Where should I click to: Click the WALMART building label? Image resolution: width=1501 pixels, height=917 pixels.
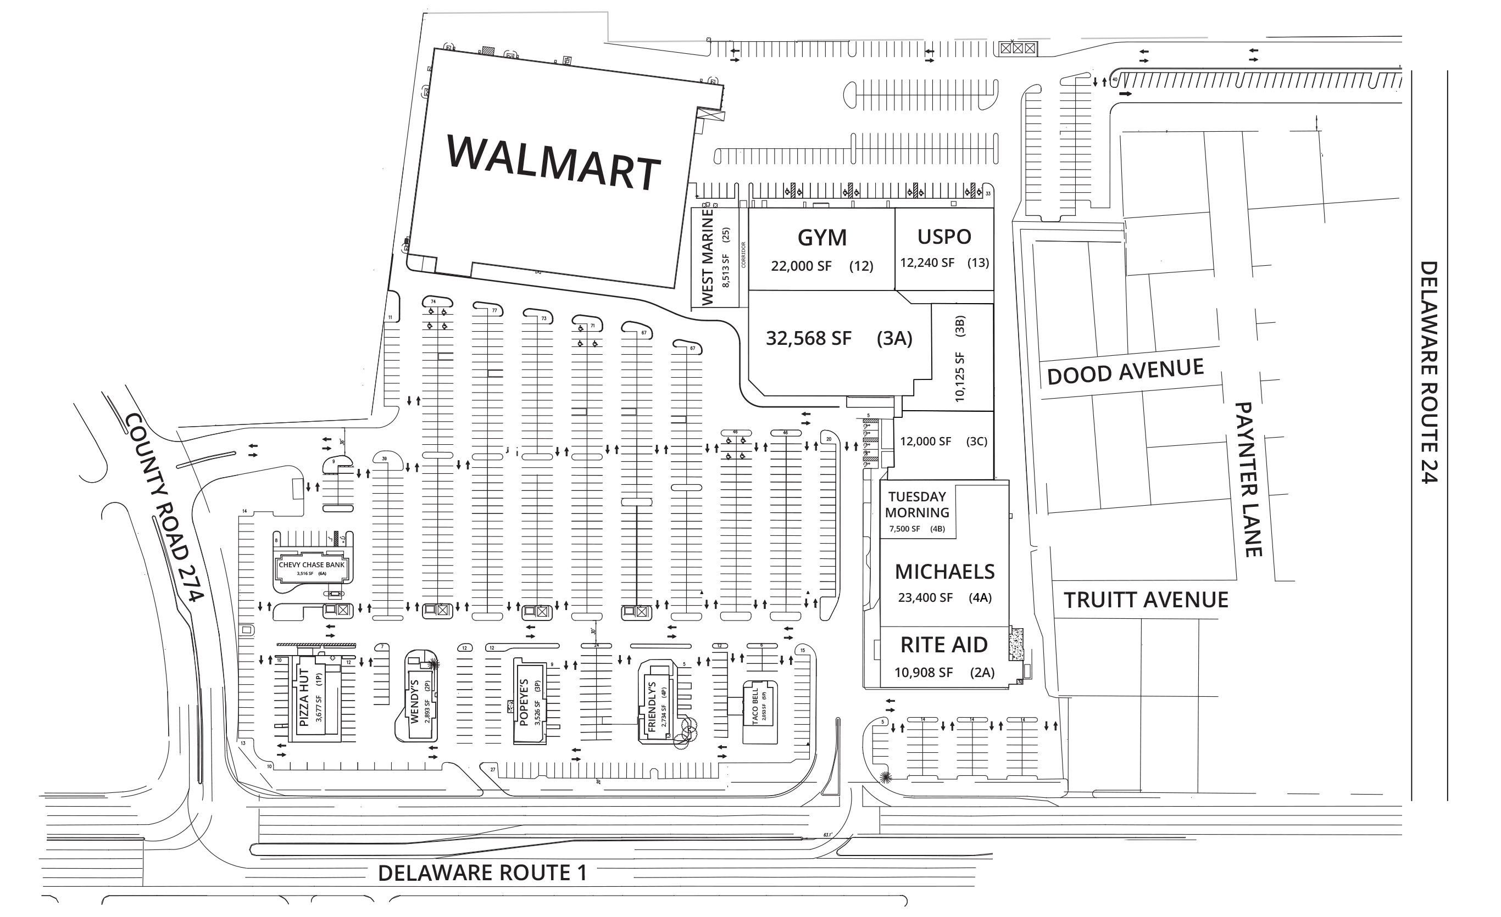(x=553, y=162)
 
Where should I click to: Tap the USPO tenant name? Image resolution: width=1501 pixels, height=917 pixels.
(x=944, y=237)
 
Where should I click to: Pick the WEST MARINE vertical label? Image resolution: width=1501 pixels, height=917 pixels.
(x=707, y=257)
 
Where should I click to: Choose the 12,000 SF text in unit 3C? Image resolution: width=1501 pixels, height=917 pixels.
(x=925, y=441)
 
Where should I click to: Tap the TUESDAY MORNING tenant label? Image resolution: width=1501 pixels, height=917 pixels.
(x=917, y=505)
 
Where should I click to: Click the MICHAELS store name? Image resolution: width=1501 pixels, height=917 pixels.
(x=944, y=572)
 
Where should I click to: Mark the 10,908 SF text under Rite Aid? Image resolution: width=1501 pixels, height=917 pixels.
(x=923, y=673)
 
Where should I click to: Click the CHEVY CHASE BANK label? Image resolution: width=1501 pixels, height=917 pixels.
(x=312, y=565)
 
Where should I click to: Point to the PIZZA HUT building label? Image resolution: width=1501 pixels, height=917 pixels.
(x=304, y=698)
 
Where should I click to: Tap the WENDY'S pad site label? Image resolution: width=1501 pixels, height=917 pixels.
(x=415, y=701)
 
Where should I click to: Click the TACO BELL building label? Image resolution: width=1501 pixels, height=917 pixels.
(x=755, y=706)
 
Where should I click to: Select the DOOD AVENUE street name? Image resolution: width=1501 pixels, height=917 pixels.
(x=1125, y=371)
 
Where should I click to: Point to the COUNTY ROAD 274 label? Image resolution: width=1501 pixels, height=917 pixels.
(x=163, y=507)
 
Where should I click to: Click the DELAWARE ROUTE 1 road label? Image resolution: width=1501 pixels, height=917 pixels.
(x=482, y=873)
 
